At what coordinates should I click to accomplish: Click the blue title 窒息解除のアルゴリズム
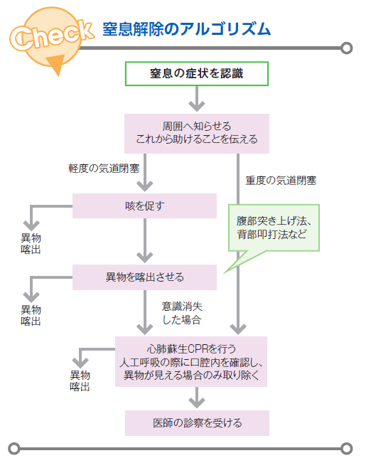[186, 29]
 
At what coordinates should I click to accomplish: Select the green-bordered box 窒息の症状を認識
[197, 74]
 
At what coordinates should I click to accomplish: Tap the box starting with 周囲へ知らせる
[197, 134]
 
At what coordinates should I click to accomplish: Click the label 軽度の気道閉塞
[104, 169]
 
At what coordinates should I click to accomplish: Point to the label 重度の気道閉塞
[281, 181]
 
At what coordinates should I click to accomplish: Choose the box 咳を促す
[145, 206]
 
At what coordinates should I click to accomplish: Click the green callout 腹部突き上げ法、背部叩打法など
[274, 228]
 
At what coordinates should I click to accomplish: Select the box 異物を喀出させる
[145, 277]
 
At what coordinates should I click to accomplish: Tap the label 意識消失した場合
[182, 313]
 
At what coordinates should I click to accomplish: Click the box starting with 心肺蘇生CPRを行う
[191, 362]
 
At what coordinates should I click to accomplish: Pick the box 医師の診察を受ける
[197, 423]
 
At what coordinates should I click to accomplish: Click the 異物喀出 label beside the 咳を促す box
[31, 244]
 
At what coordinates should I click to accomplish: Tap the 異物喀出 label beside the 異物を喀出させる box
[31, 315]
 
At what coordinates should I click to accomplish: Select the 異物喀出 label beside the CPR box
[80, 381]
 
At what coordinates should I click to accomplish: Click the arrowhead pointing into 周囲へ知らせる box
[197, 106]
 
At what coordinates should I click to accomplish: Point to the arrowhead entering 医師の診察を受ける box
[197, 403]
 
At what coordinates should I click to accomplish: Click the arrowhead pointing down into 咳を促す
[145, 186]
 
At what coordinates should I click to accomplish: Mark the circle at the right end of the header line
[347, 48]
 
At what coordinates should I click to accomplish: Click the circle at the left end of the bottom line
[14, 449]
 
